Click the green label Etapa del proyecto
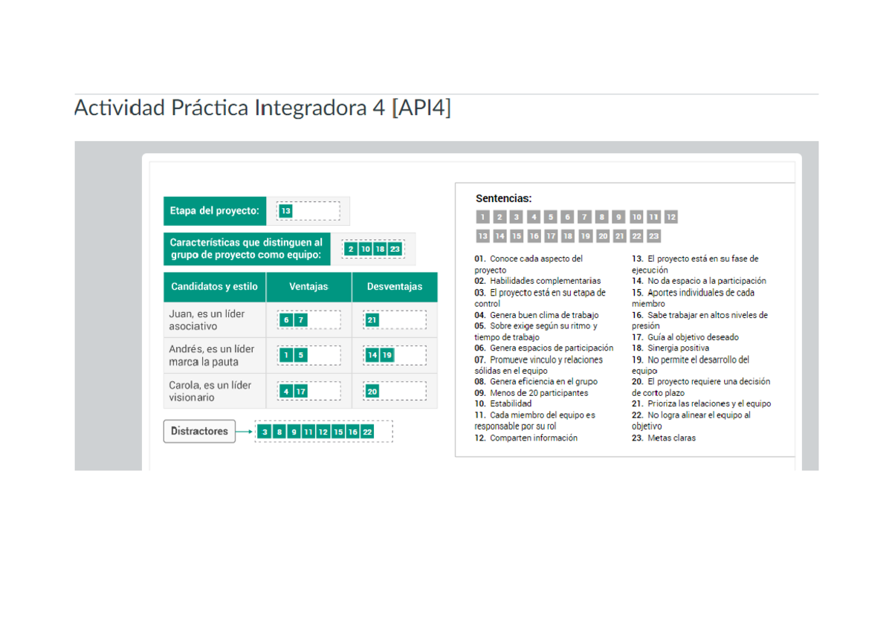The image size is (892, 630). pos(215,211)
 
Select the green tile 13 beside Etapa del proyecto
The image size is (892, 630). pos(285,211)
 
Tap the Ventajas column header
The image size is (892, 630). pos(308,287)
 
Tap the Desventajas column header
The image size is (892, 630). pos(394,287)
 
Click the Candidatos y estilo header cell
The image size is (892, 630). pos(214,287)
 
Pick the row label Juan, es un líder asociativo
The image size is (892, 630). pos(207,319)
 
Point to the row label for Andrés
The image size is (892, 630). pos(211,355)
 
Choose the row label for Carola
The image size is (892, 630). pos(210,391)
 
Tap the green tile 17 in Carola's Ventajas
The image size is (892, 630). pos(300,392)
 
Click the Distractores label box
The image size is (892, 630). pos(199,431)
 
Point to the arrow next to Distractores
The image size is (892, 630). pos(245,432)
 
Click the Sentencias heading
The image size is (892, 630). pos(503,198)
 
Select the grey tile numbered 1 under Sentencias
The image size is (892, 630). pos(482,217)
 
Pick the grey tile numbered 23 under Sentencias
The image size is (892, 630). pos(653,236)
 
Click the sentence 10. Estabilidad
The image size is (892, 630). pos(503,403)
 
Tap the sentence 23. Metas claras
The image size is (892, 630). pos(664,438)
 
